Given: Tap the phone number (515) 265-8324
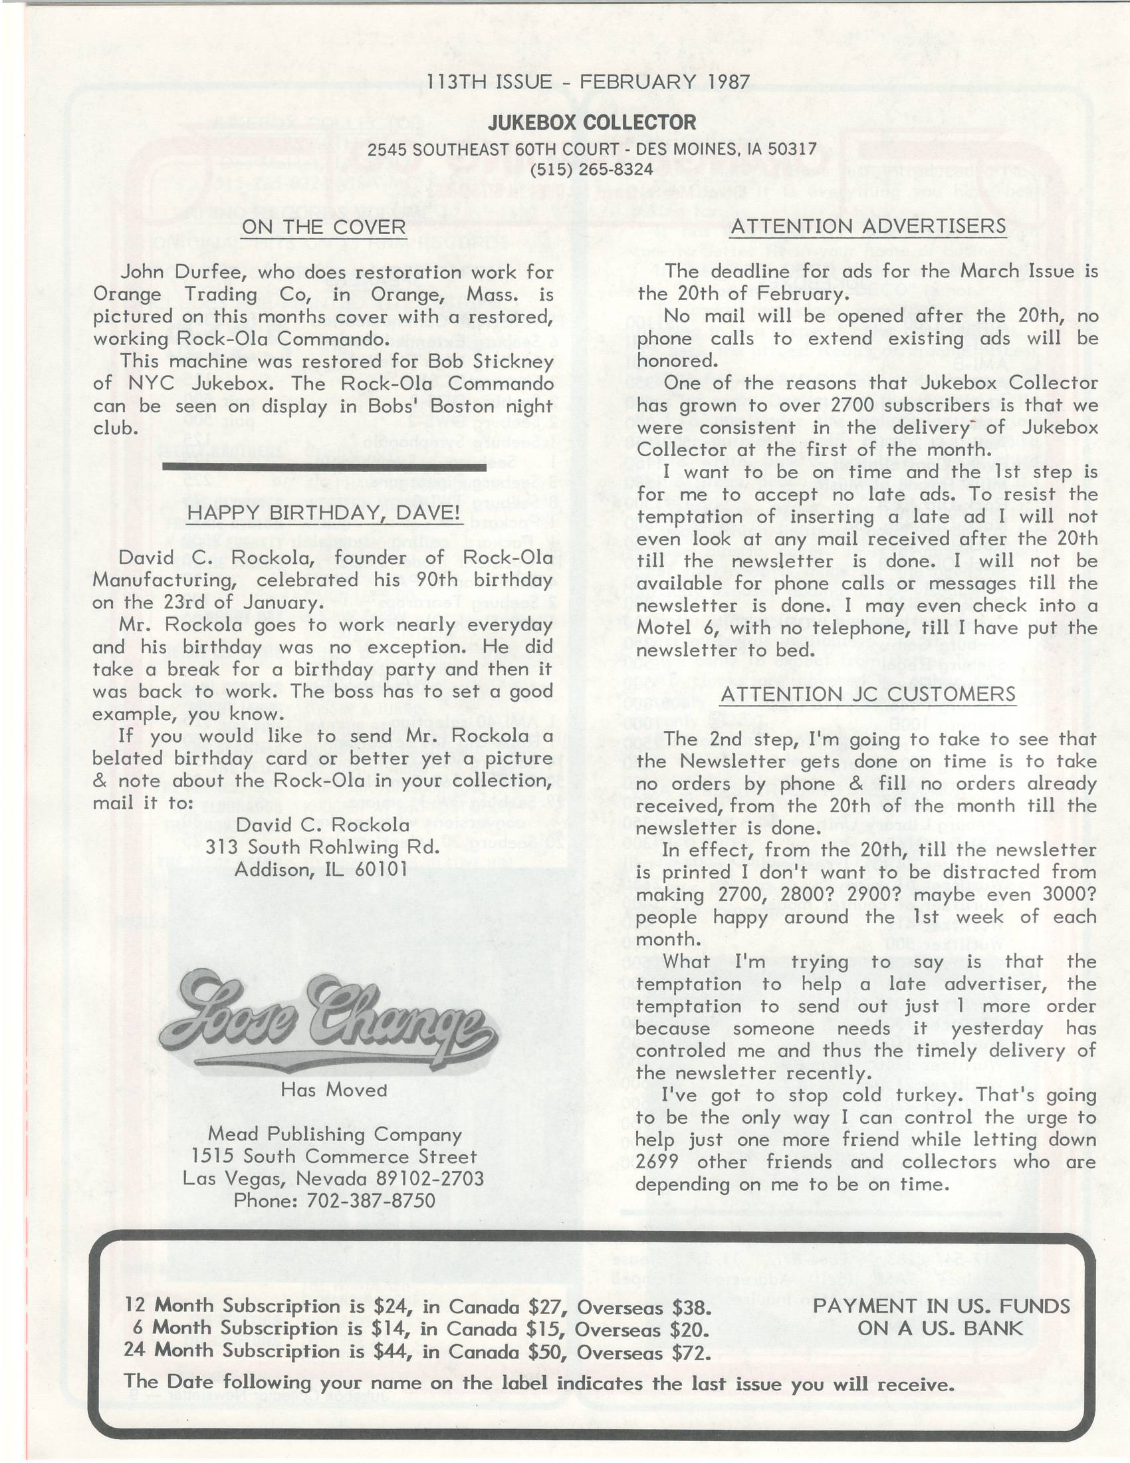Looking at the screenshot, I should [x=591, y=170].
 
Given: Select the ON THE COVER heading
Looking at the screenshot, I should [x=324, y=227].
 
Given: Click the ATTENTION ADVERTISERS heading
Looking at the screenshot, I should [x=867, y=226].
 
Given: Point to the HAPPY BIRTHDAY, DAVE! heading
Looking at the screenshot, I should [x=323, y=513].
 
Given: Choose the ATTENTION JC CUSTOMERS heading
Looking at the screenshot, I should [x=867, y=694].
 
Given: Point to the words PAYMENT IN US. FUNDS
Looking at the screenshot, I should [x=941, y=1305].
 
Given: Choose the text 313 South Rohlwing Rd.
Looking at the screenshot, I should [x=322, y=847].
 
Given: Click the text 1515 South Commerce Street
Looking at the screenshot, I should [x=334, y=1156].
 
